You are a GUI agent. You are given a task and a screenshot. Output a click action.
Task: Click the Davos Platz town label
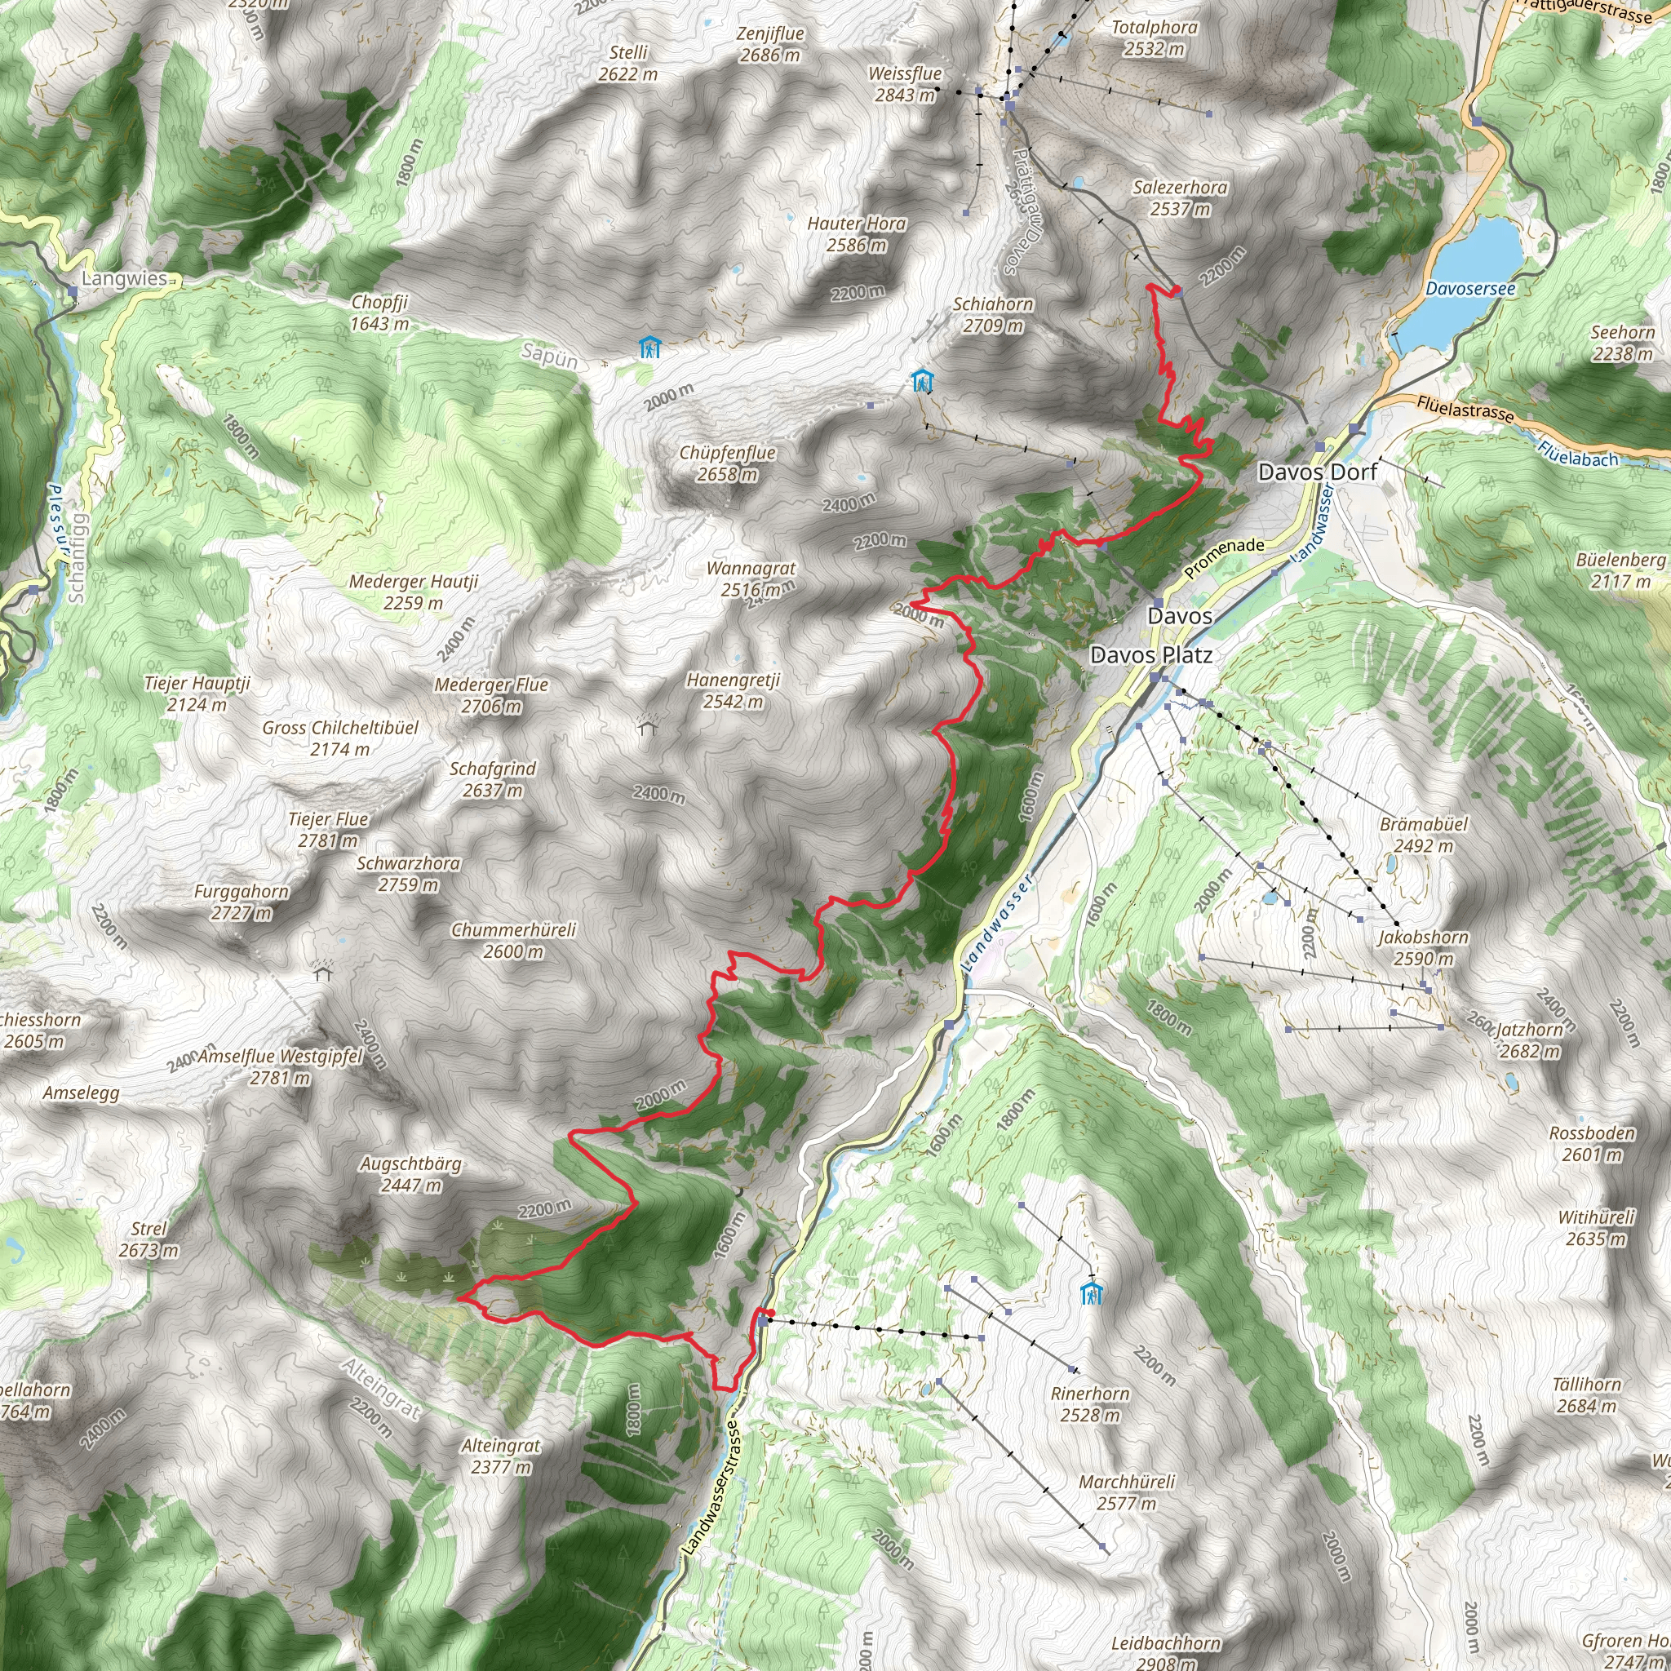coord(1150,654)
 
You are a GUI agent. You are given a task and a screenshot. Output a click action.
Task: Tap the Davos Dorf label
coord(1317,472)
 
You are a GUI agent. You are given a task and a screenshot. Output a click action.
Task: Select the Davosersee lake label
coord(1470,288)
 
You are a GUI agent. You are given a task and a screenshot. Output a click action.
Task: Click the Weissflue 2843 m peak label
coord(905,84)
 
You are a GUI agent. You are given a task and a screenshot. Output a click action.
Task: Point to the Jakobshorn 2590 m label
coord(1423,947)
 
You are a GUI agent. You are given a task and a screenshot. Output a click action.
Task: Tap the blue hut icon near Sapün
coord(649,348)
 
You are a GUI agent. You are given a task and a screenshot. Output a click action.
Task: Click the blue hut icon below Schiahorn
coord(923,379)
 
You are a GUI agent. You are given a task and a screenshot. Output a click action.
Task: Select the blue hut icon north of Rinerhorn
coord(1092,1294)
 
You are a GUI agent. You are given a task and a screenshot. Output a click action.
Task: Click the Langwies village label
coord(125,277)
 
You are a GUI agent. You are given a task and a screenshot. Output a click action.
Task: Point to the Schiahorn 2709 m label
coord(993,314)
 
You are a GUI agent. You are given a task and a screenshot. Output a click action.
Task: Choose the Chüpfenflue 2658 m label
coord(727,463)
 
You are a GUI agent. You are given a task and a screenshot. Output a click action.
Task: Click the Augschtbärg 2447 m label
coord(411,1173)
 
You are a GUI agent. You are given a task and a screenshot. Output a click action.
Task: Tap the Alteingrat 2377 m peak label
coord(501,1456)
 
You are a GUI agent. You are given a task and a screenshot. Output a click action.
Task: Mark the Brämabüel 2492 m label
coord(1424,835)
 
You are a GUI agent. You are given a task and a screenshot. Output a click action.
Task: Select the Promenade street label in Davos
coord(1224,558)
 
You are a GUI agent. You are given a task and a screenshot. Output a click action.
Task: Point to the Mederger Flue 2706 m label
coord(491,695)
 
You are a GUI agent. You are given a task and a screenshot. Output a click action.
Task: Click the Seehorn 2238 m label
coord(1623,343)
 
